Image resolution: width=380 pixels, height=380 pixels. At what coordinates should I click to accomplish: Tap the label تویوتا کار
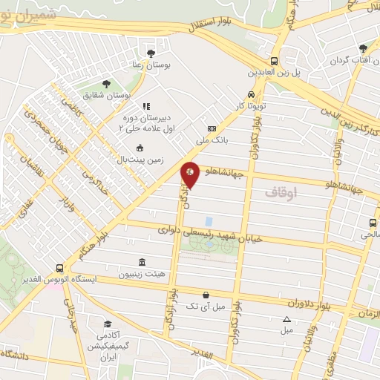(251, 107)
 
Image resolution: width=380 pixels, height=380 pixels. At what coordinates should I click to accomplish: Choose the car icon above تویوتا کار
(252, 95)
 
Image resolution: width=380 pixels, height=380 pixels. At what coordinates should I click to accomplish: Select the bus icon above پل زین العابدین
(274, 62)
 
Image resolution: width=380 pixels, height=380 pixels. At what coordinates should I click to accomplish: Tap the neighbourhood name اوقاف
(280, 191)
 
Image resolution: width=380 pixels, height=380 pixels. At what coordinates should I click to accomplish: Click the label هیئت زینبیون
(142, 273)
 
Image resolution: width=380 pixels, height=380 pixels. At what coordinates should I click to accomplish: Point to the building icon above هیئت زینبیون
(142, 262)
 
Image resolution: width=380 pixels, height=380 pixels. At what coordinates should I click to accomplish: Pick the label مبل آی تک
(203, 306)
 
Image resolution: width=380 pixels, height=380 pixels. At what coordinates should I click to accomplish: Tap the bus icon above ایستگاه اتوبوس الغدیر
(59, 268)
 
